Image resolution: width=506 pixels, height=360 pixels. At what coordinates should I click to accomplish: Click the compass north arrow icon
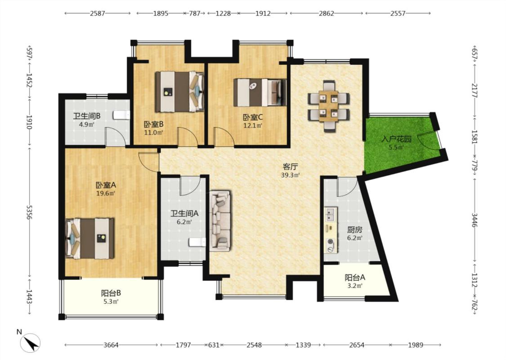[x=30, y=342]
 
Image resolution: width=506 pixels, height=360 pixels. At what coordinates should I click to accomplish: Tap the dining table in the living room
[x=328, y=106]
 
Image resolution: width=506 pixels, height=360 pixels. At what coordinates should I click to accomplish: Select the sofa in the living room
[x=220, y=221]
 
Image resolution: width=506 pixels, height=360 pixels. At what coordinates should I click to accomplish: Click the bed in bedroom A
[x=90, y=238]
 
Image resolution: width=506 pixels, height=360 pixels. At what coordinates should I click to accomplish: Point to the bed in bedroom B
[x=179, y=92]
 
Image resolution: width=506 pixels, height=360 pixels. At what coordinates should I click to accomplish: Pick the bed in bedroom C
[x=260, y=93]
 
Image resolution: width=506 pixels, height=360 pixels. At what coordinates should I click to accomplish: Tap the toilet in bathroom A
[x=197, y=242]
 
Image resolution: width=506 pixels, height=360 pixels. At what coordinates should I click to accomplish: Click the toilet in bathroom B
[x=121, y=115]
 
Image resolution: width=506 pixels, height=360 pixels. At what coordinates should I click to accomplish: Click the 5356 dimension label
[x=29, y=212]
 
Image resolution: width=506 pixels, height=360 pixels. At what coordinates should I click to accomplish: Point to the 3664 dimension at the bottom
[x=111, y=345]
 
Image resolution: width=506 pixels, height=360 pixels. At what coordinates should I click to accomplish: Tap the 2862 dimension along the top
[x=326, y=13]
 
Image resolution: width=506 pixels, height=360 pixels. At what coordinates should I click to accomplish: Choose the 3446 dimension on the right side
[x=475, y=220]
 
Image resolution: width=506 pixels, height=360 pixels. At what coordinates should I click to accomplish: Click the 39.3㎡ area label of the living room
[x=291, y=175]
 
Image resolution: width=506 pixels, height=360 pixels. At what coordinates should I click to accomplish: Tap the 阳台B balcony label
[x=111, y=293]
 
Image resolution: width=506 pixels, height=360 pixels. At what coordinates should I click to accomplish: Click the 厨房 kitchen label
[x=354, y=230]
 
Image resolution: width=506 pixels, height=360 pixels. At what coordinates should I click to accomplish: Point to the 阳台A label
[x=355, y=277]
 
